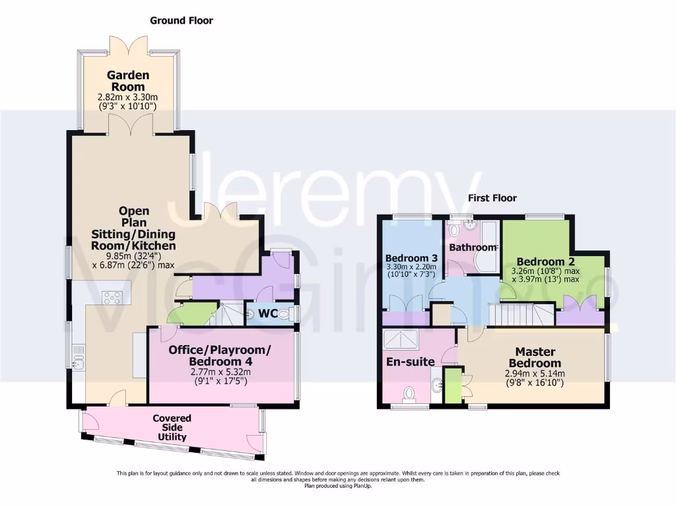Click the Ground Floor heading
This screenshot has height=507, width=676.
tap(182, 20)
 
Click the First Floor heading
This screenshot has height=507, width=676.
tap(492, 198)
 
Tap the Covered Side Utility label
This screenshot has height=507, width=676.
tap(172, 427)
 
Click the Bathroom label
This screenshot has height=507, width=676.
tap(472, 248)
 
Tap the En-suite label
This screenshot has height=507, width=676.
tap(410, 362)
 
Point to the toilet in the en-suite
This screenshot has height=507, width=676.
tap(410, 393)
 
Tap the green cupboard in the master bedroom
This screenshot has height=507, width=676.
tap(453, 386)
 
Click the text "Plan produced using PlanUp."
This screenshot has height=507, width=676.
tap(337, 486)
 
